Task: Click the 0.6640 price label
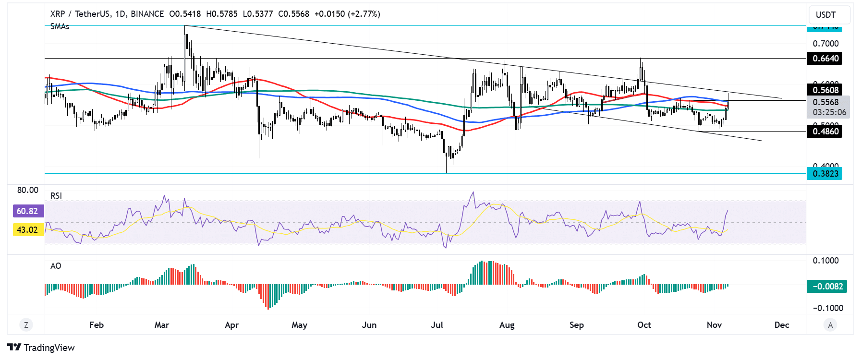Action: [825, 59]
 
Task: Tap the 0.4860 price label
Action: [825, 131]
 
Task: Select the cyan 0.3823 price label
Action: [825, 173]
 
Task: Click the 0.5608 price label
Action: [825, 90]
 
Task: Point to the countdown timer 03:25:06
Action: [829, 112]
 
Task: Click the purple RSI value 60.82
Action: [27, 211]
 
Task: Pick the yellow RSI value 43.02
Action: [27, 230]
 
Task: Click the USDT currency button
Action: [826, 15]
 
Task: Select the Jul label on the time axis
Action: [437, 325]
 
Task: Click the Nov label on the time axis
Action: [714, 325]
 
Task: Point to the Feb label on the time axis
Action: [97, 325]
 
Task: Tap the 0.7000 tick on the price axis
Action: [825, 44]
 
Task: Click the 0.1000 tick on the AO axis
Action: [825, 261]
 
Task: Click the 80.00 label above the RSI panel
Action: [28, 190]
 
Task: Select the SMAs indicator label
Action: [60, 26]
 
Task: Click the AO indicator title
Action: [56, 266]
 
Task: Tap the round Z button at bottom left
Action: [26, 325]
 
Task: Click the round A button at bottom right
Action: [830, 325]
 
